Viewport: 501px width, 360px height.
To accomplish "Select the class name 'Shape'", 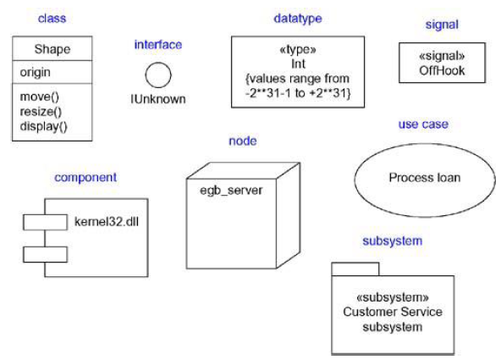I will [52, 49].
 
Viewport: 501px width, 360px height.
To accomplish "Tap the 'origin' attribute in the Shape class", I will [35, 73].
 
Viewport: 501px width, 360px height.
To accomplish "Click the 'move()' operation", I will [38, 97].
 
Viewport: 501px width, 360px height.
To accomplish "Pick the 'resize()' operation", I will [40, 111].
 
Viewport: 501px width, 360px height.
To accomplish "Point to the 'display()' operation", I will [43, 126].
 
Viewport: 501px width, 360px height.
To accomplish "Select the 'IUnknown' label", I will [157, 99].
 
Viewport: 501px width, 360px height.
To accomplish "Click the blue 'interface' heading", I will [157, 44].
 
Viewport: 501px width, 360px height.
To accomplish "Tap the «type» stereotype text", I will [297, 50].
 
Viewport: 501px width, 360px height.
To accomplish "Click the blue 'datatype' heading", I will [298, 18].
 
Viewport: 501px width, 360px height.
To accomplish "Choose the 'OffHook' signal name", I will [442, 70].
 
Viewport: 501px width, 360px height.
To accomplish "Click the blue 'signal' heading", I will [442, 25].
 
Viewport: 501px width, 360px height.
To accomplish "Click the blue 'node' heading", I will [243, 140].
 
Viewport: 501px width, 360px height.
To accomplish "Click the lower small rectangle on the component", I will [44, 253].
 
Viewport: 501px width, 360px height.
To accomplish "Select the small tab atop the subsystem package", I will [354, 269].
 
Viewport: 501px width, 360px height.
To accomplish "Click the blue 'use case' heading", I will [423, 125].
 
